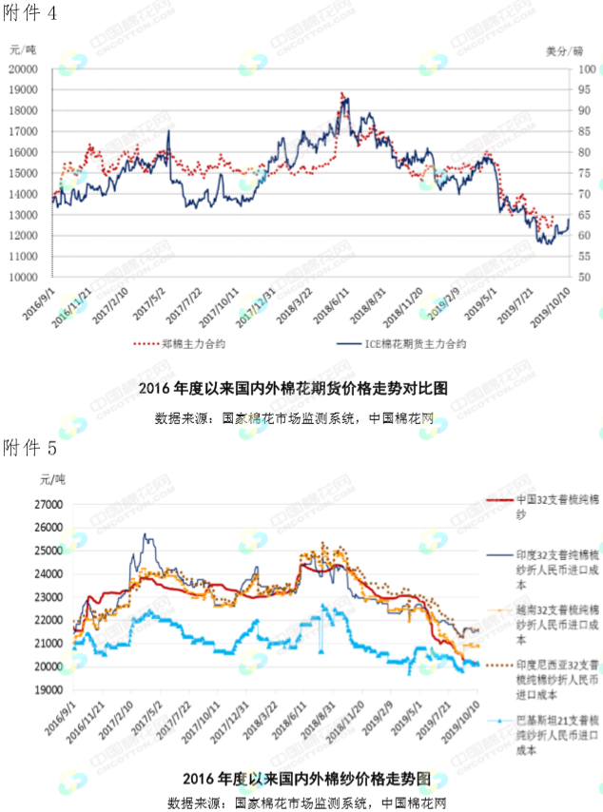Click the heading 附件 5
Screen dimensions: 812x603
tap(30, 446)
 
